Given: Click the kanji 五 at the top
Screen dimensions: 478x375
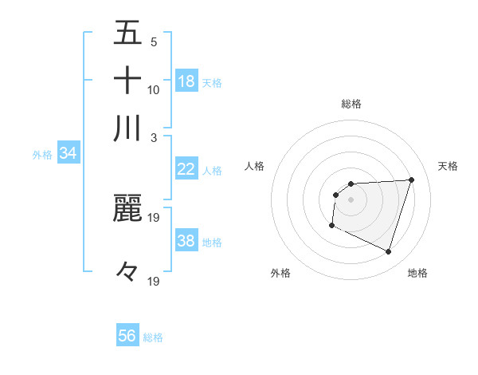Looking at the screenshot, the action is tap(127, 34).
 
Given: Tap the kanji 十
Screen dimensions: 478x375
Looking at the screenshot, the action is tap(127, 81).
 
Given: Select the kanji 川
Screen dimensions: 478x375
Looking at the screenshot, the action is tap(127, 128).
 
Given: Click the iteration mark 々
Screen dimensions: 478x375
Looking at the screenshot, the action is tap(127, 272).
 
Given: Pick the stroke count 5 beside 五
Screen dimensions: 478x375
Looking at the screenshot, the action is tap(153, 41).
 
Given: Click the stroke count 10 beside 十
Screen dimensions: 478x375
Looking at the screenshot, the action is tap(154, 89).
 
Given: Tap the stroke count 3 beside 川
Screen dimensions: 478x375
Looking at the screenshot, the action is tap(153, 136).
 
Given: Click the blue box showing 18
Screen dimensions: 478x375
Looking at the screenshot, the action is tap(186, 81).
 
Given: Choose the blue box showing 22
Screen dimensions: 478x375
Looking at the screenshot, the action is tap(186, 169).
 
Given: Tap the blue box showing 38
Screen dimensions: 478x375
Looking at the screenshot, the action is tap(186, 241).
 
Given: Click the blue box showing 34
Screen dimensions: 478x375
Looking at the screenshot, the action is tap(68, 154).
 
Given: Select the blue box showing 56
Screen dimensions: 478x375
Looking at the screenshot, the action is tap(127, 336).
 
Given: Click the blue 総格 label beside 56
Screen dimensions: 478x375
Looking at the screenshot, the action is tap(153, 337).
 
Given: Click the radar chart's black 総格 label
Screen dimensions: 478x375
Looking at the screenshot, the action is tap(351, 104).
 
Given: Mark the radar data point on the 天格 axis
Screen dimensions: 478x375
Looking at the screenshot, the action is tap(412, 180).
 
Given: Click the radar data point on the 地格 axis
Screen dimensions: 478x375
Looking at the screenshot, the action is tap(389, 252).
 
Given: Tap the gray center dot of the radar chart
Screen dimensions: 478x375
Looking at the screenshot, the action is tap(351, 199).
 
